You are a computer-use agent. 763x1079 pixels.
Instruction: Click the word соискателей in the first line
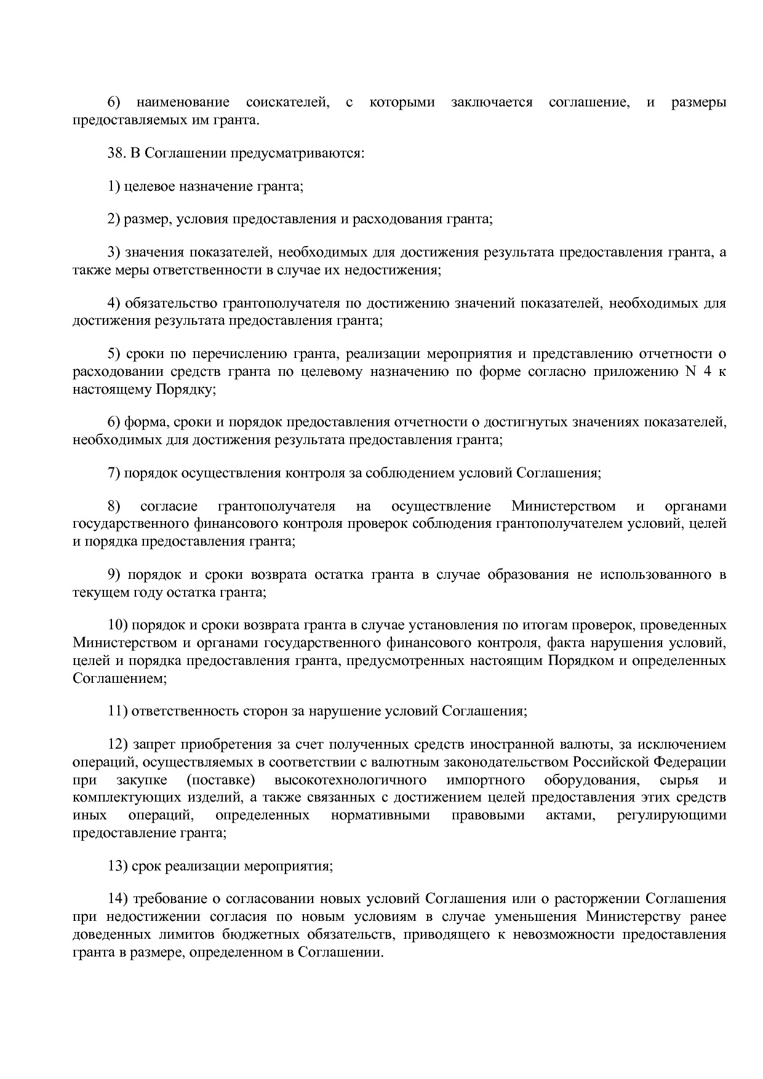(286, 102)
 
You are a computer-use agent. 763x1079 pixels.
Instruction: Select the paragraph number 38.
(116, 153)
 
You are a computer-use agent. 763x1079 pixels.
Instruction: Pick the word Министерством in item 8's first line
(563, 506)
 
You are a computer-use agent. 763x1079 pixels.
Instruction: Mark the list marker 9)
(114, 575)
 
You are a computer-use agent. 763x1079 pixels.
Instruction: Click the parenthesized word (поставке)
(220, 780)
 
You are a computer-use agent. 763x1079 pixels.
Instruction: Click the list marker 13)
(118, 866)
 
